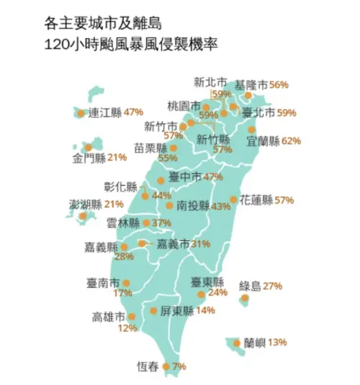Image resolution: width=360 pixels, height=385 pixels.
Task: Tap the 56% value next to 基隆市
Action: tap(279, 85)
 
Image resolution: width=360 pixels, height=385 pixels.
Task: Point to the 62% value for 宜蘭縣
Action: tap(291, 141)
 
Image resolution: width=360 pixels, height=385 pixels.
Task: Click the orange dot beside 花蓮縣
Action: tap(233, 199)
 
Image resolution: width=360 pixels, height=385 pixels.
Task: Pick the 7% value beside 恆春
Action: tap(179, 366)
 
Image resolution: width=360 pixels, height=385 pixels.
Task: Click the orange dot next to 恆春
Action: tap(166, 366)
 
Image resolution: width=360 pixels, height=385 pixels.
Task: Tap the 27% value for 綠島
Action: tap(272, 286)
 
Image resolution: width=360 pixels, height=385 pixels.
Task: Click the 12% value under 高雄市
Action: tap(127, 328)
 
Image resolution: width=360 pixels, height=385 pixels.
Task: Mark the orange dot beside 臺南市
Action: tap(127, 283)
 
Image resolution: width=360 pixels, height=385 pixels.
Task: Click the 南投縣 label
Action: tap(192, 206)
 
